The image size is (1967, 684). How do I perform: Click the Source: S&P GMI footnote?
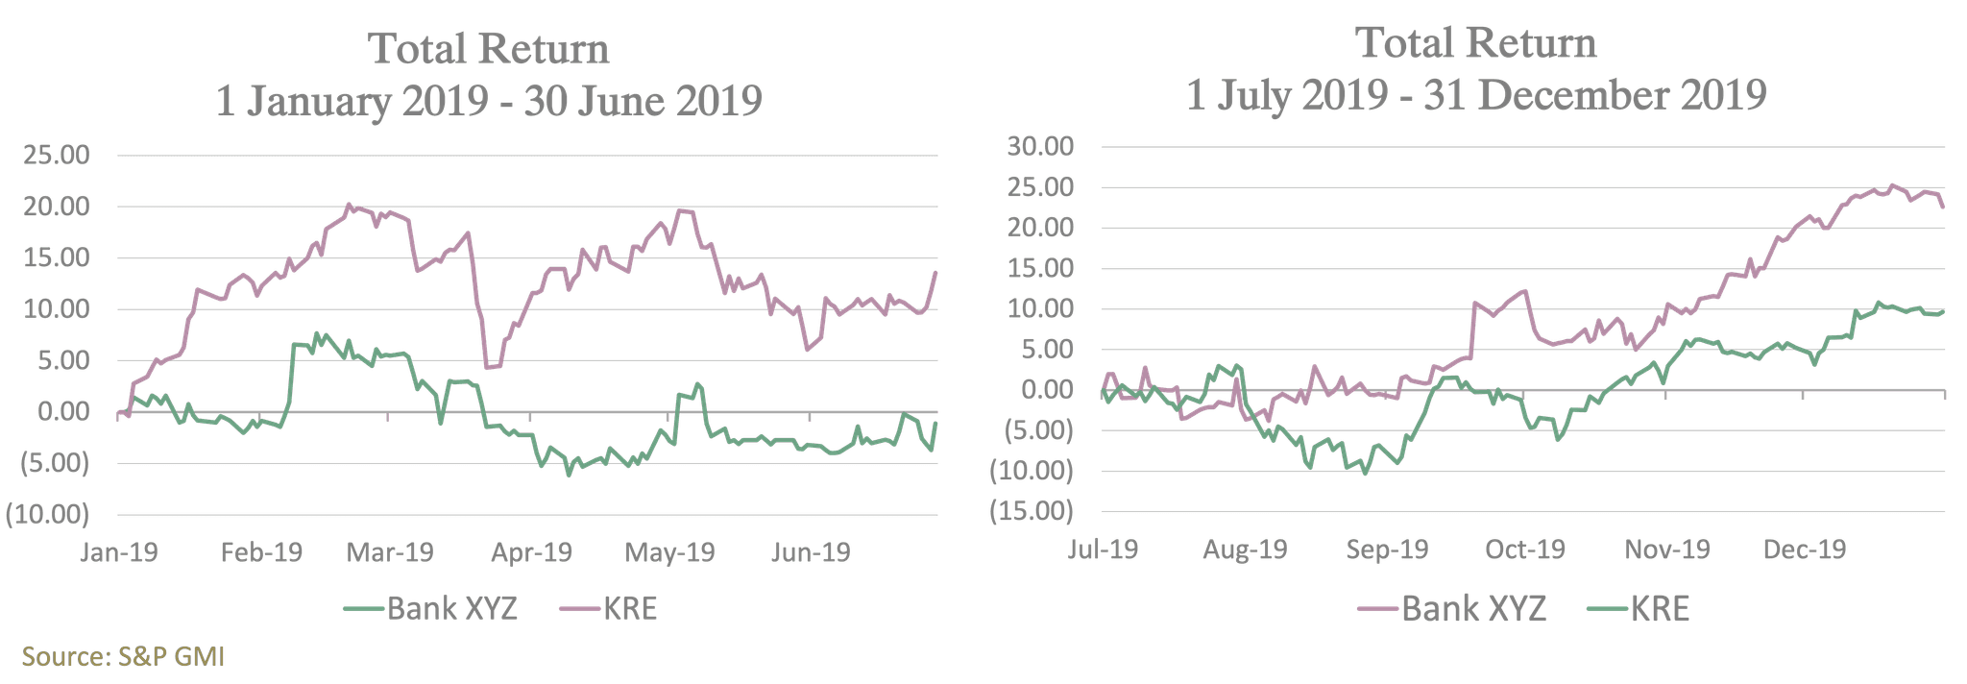(x=124, y=657)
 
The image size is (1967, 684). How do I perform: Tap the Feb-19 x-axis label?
(x=261, y=553)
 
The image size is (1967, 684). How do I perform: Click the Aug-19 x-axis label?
(x=1246, y=550)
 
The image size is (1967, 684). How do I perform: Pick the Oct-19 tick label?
(x=1525, y=550)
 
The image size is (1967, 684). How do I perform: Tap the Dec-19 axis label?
(x=1805, y=550)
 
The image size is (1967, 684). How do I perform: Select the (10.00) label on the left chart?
(x=48, y=516)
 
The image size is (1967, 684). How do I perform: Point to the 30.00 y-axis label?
(x=1039, y=147)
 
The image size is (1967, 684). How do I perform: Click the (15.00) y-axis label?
(x=1032, y=511)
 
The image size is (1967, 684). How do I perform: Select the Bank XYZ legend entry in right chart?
(x=1473, y=608)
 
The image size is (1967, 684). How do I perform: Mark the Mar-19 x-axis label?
(x=391, y=553)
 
